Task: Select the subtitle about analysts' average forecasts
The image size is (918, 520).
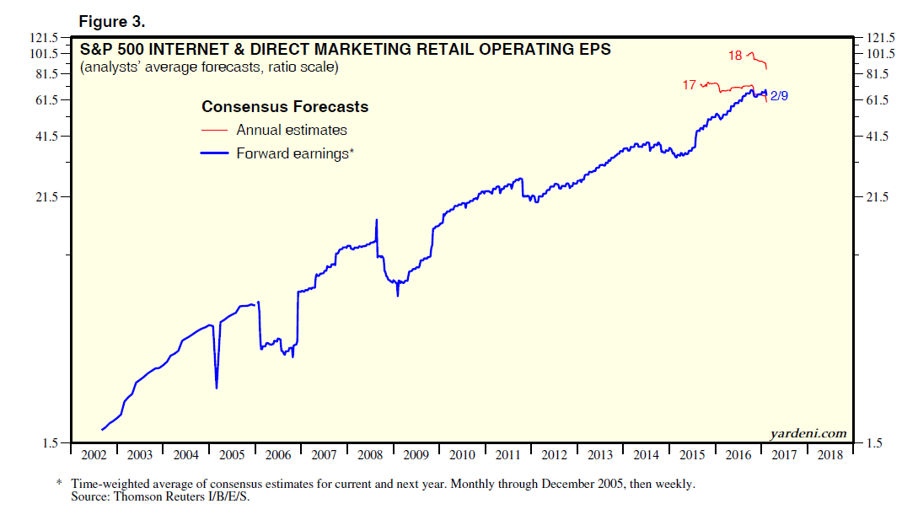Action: click(209, 67)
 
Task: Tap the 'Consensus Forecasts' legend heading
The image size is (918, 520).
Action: click(285, 107)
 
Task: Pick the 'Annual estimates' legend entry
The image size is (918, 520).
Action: click(292, 130)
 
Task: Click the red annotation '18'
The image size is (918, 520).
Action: click(735, 56)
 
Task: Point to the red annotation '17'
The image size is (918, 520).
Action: click(689, 85)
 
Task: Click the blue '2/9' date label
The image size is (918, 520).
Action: click(780, 96)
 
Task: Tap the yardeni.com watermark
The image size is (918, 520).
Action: click(808, 433)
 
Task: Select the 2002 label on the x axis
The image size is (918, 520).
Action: click(93, 456)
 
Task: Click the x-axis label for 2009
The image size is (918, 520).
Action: click(416, 456)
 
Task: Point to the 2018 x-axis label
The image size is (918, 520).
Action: click(829, 456)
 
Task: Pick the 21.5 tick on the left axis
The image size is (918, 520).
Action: click(47, 197)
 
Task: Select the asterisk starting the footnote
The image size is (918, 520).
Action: click(59, 484)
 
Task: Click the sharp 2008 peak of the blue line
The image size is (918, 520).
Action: click(376, 220)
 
